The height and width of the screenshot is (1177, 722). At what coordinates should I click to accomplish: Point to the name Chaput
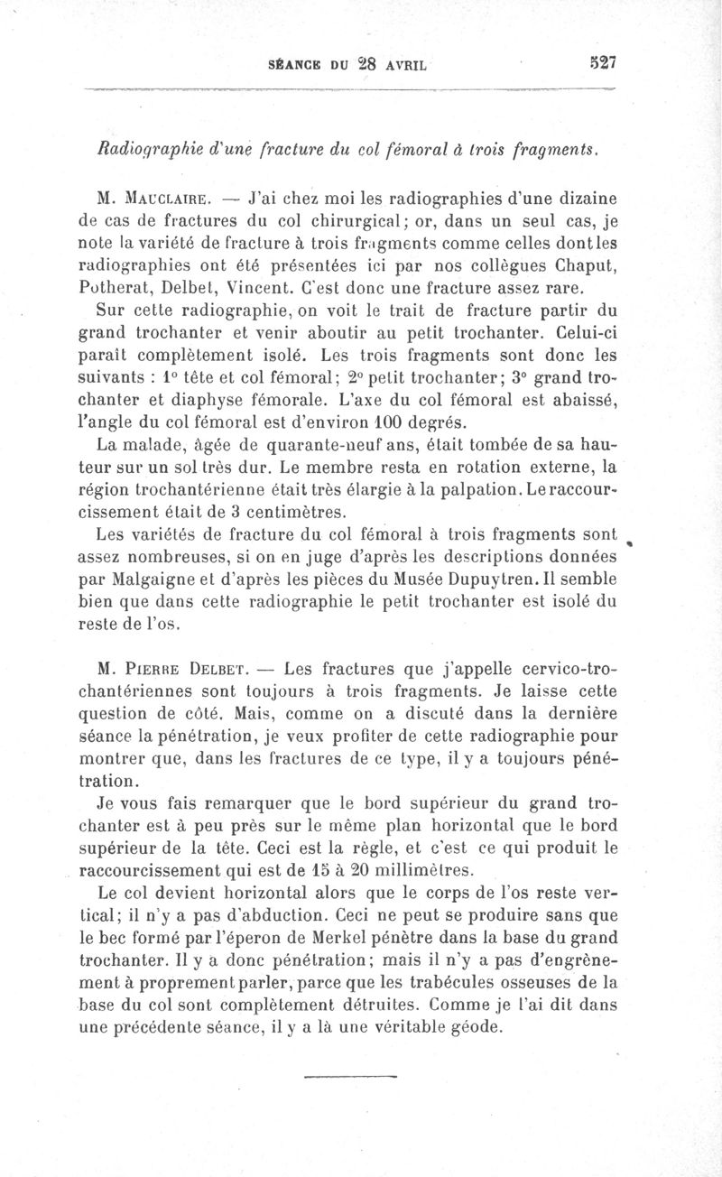pyautogui.click(x=575, y=265)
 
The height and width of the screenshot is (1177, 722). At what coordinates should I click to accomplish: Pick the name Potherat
pyautogui.click(x=134, y=290)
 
